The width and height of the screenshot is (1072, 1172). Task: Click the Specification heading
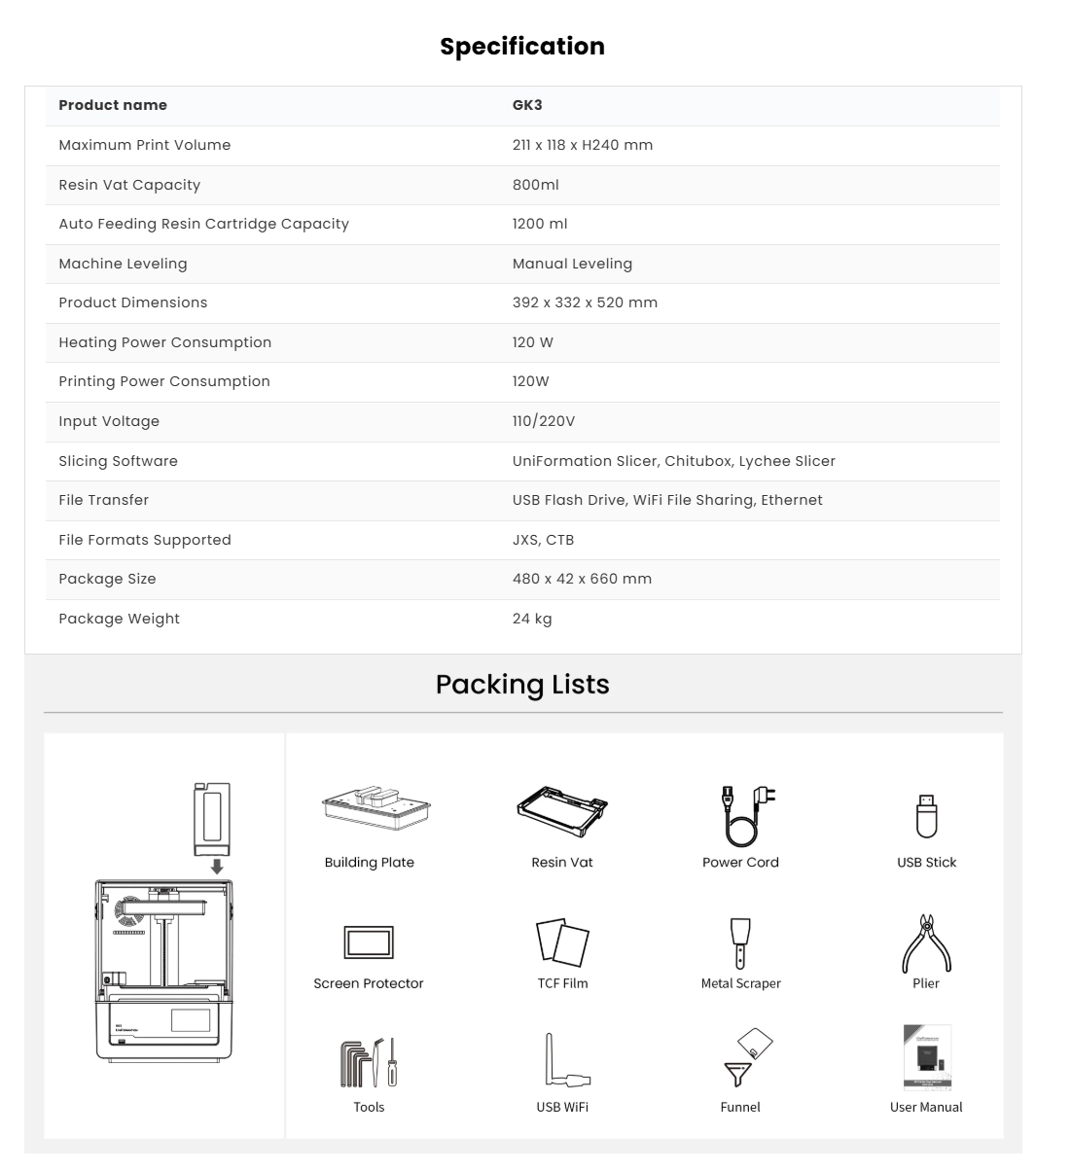(x=522, y=47)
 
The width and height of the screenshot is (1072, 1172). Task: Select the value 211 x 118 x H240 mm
(x=582, y=145)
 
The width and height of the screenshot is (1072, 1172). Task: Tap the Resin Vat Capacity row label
(x=129, y=185)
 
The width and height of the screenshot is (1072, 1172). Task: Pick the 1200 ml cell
(x=539, y=224)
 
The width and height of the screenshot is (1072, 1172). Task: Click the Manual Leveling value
(x=572, y=264)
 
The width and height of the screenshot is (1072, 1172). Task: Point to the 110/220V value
(x=543, y=421)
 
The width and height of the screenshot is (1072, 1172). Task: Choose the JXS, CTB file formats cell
(x=543, y=540)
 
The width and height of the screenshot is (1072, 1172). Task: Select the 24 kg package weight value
(x=532, y=619)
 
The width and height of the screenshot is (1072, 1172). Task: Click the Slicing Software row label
(x=118, y=461)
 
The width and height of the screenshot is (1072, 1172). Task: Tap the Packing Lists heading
(x=522, y=685)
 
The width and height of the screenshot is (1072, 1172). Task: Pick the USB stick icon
(x=926, y=816)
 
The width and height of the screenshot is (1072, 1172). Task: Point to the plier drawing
(x=926, y=942)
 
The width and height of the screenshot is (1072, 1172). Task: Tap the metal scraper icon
(x=740, y=941)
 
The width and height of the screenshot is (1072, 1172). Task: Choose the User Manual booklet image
(x=927, y=1057)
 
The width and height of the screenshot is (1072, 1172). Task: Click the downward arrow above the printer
(x=217, y=865)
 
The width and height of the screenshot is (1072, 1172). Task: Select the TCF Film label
(x=562, y=983)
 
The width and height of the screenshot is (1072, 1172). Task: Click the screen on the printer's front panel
(x=191, y=1020)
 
